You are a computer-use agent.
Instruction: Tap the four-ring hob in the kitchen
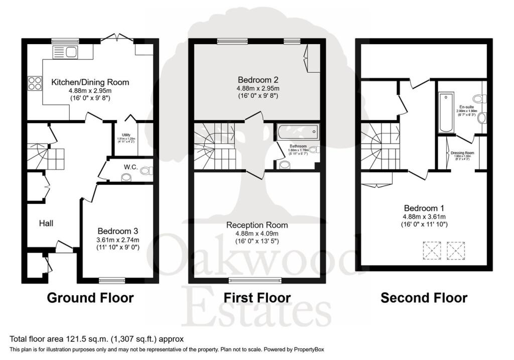pyautogui.click(x=35, y=83)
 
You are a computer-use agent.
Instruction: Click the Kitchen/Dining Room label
pyautogui.click(x=90, y=82)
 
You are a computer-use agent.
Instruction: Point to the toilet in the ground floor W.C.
pyautogui.click(x=145, y=171)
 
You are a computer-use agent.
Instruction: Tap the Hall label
pyautogui.click(x=46, y=223)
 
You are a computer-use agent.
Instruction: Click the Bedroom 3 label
pyautogui.click(x=118, y=231)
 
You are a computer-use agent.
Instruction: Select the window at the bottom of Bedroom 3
pyautogui.click(x=112, y=280)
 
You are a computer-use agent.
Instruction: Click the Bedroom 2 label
pyautogui.click(x=258, y=79)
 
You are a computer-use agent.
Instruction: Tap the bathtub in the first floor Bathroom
pyautogui.click(x=296, y=133)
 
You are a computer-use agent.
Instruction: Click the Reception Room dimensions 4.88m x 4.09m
pyautogui.click(x=256, y=233)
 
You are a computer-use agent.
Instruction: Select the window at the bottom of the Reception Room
pyautogui.click(x=256, y=280)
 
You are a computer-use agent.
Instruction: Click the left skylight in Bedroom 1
pyautogui.click(x=432, y=250)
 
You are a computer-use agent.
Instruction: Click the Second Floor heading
pyautogui.click(x=424, y=298)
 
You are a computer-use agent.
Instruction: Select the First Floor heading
pyautogui.click(x=257, y=298)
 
